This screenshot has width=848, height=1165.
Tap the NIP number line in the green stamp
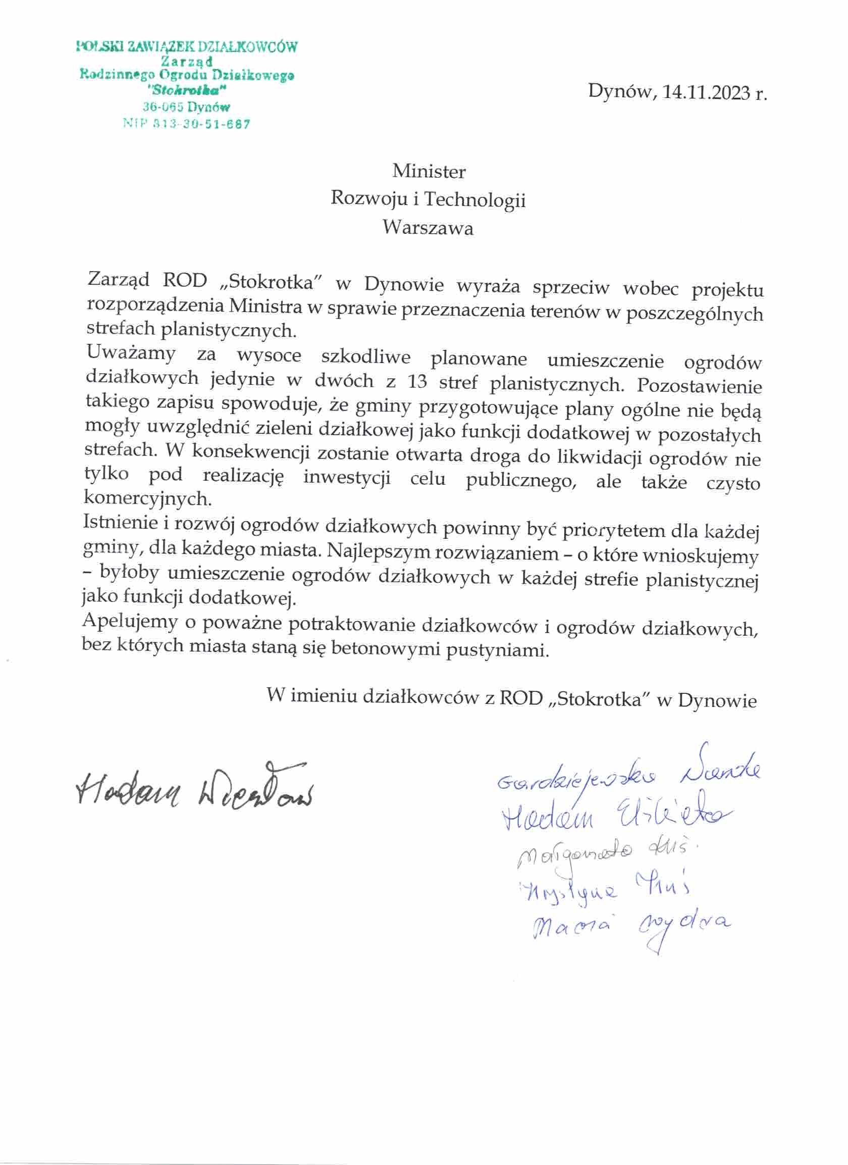[x=186, y=124]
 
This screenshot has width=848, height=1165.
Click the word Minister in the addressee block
[x=429, y=171]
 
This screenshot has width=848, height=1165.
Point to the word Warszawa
[x=428, y=228]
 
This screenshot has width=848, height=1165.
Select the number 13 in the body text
[x=418, y=382]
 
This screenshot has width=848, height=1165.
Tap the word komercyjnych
[x=147, y=498]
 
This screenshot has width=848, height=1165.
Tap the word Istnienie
[x=120, y=522]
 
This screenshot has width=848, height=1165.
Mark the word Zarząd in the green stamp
[x=186, y=61]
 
